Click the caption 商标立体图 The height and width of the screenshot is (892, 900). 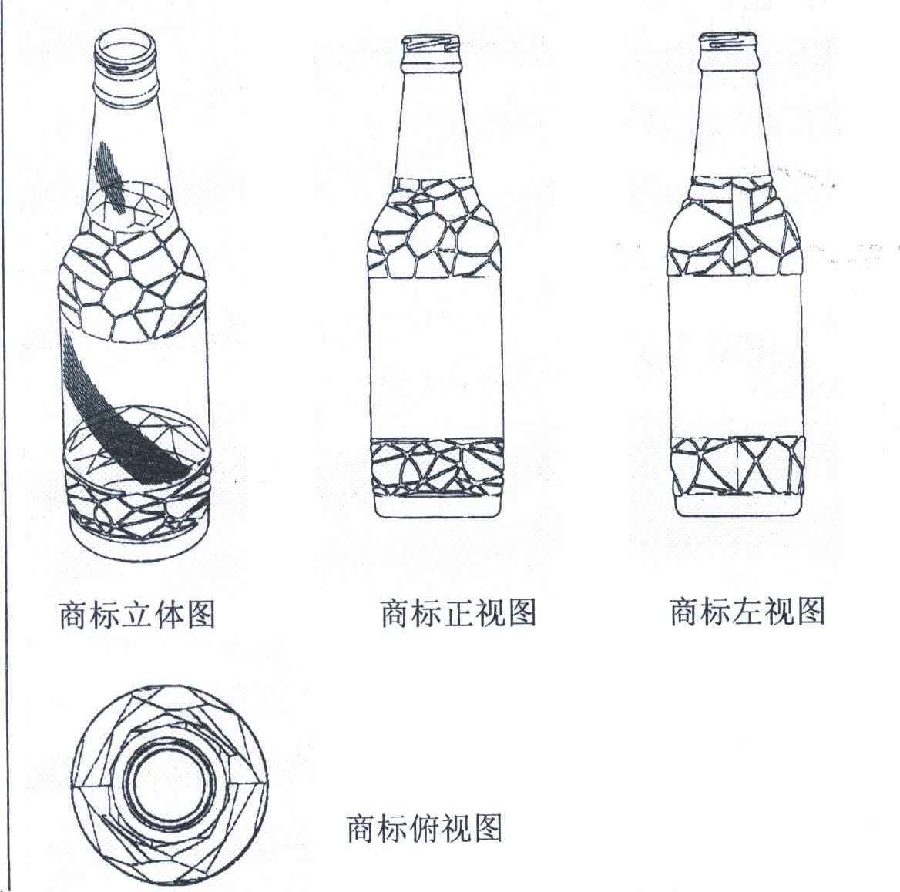137,614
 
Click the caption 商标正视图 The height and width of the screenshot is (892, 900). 458,613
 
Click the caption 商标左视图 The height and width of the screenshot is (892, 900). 747,611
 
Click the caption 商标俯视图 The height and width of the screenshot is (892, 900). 425,828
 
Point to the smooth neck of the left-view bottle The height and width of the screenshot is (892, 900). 728,123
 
